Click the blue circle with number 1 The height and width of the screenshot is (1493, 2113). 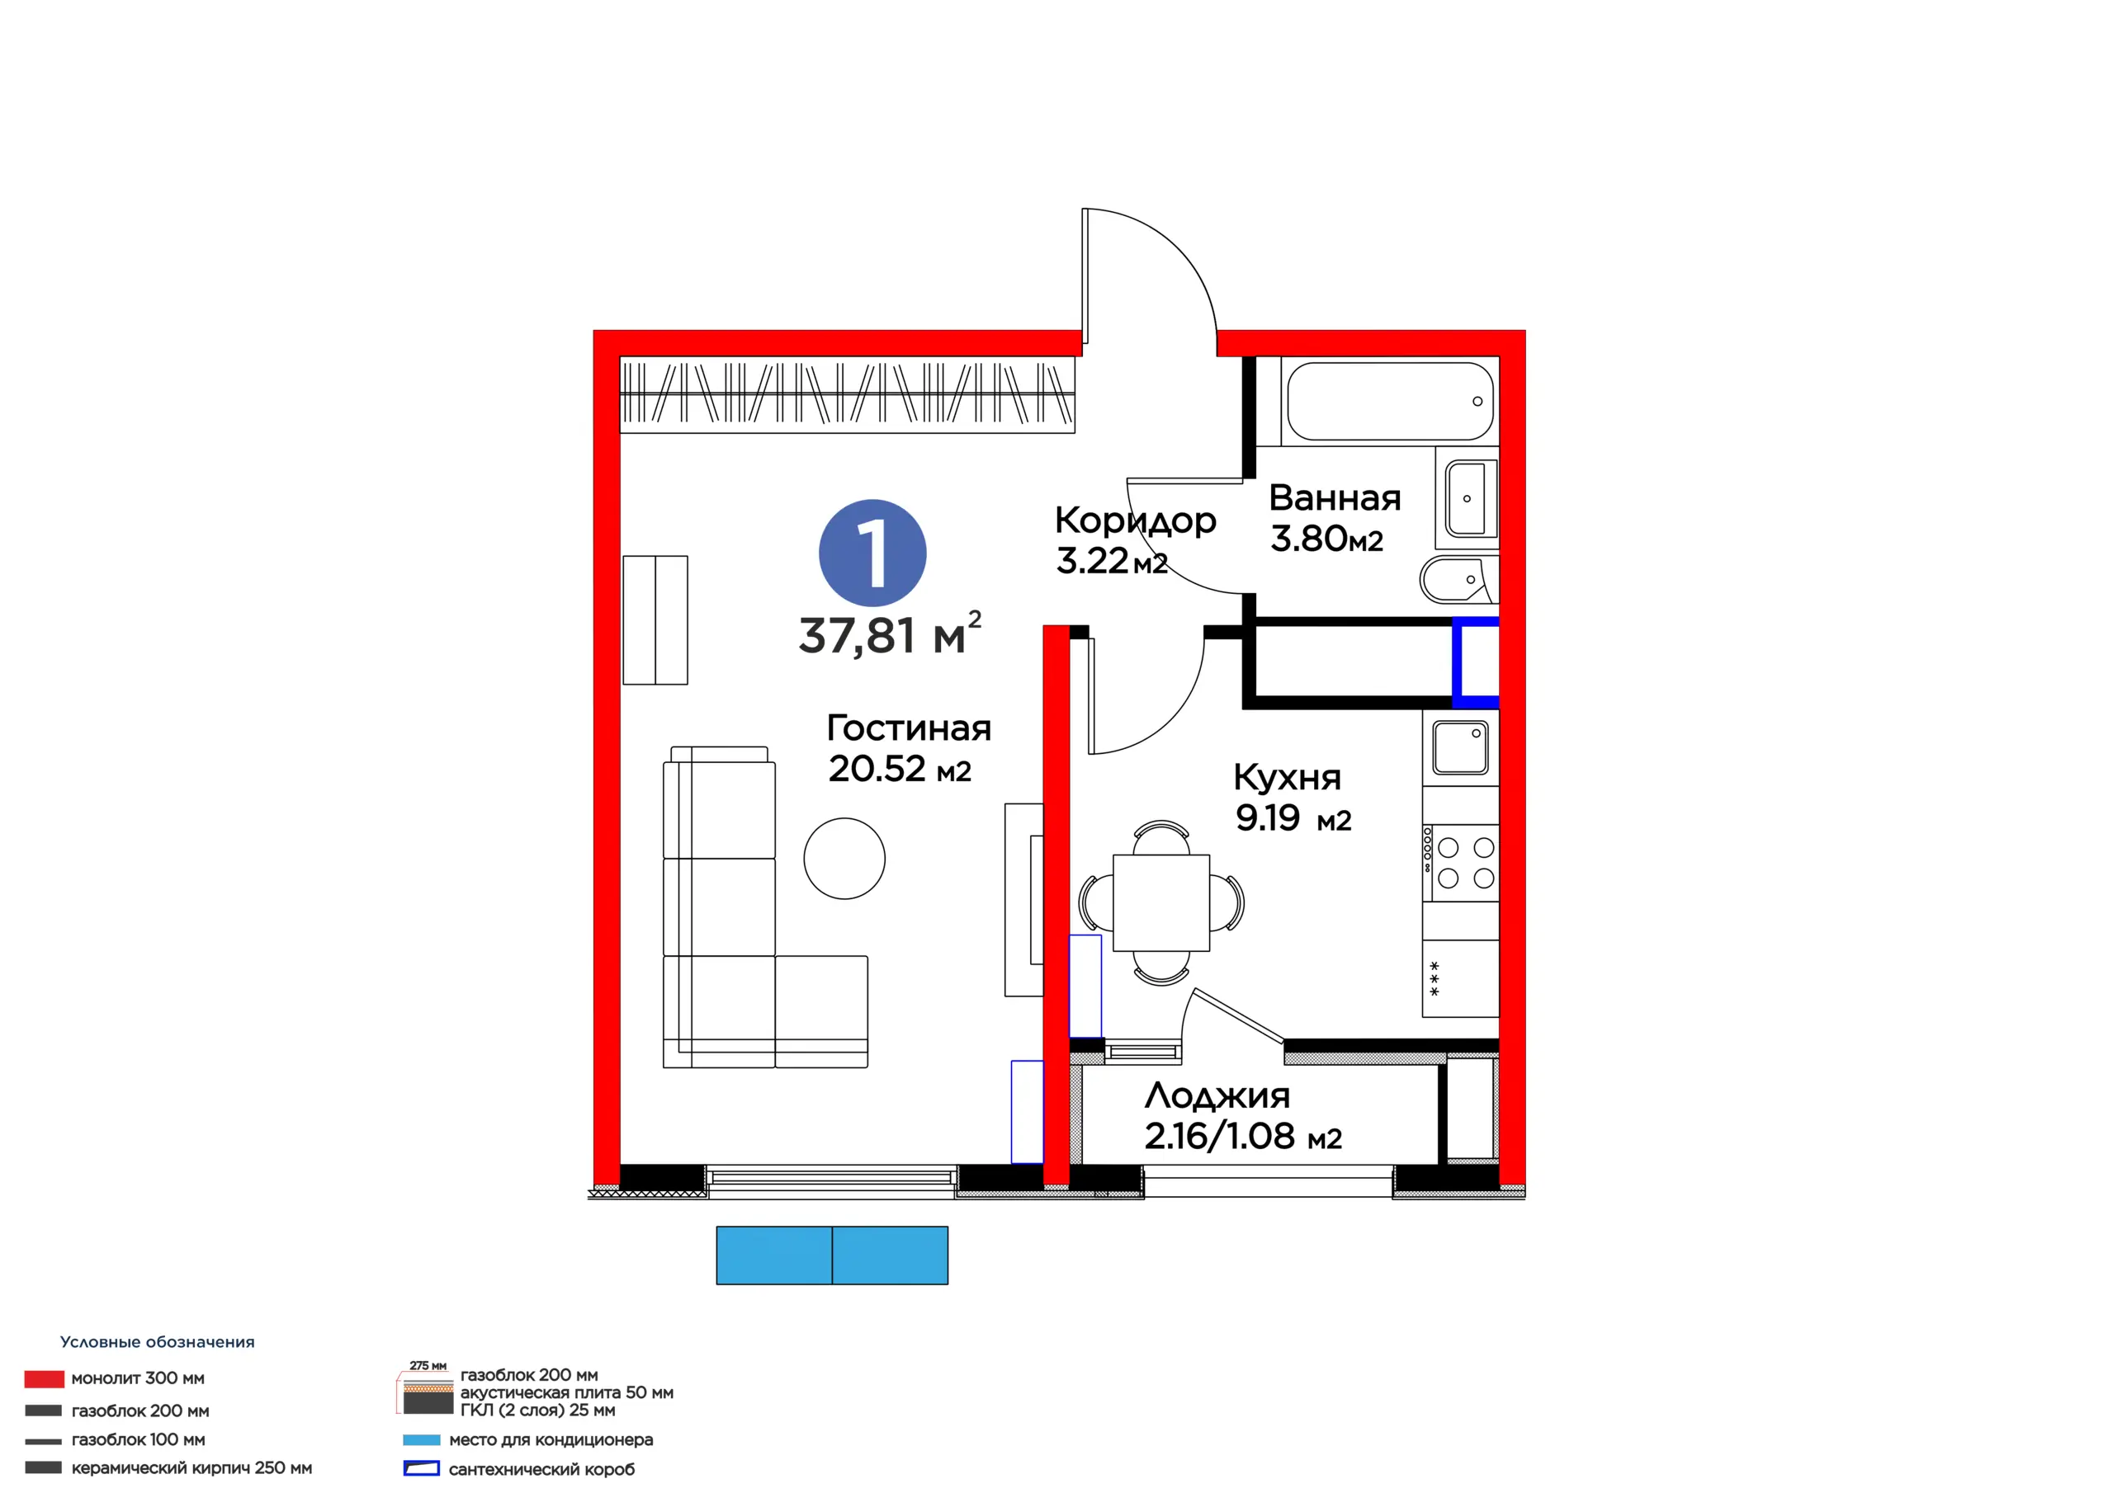click(x=872, y=553)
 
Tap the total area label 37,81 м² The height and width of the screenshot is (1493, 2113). click(x=890, y=633)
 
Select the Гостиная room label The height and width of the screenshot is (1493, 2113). click(x=908, y=728)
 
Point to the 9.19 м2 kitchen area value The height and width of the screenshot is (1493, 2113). click(x=1293, y=817)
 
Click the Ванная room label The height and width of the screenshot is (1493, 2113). click(x=1335, y=497)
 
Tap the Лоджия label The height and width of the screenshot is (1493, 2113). click(x=1217, y=1095)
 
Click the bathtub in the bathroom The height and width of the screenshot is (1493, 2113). click(x=1390, y=401)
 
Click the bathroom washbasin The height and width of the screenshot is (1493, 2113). click(x=1467, y=497)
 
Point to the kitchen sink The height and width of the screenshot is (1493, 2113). click(x=1460, y=746)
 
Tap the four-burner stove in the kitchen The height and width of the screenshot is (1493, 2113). click(x=1460, y=863)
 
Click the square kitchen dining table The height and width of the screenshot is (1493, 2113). click(x=1161, y=902)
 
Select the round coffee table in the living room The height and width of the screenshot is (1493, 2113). click(x=844, y=858)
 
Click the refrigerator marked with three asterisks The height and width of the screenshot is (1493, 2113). click(x=1460, y=977)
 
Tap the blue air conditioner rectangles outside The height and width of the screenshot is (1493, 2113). click(x=832, y=1255)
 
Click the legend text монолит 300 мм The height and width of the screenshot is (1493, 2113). click(x=138, y=1378)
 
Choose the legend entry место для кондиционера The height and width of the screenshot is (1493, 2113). click(x=551, y=1439)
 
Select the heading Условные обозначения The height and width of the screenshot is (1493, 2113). click(x=158, y=1342)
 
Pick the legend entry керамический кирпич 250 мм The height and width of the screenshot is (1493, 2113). click(x=191, y=1468)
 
